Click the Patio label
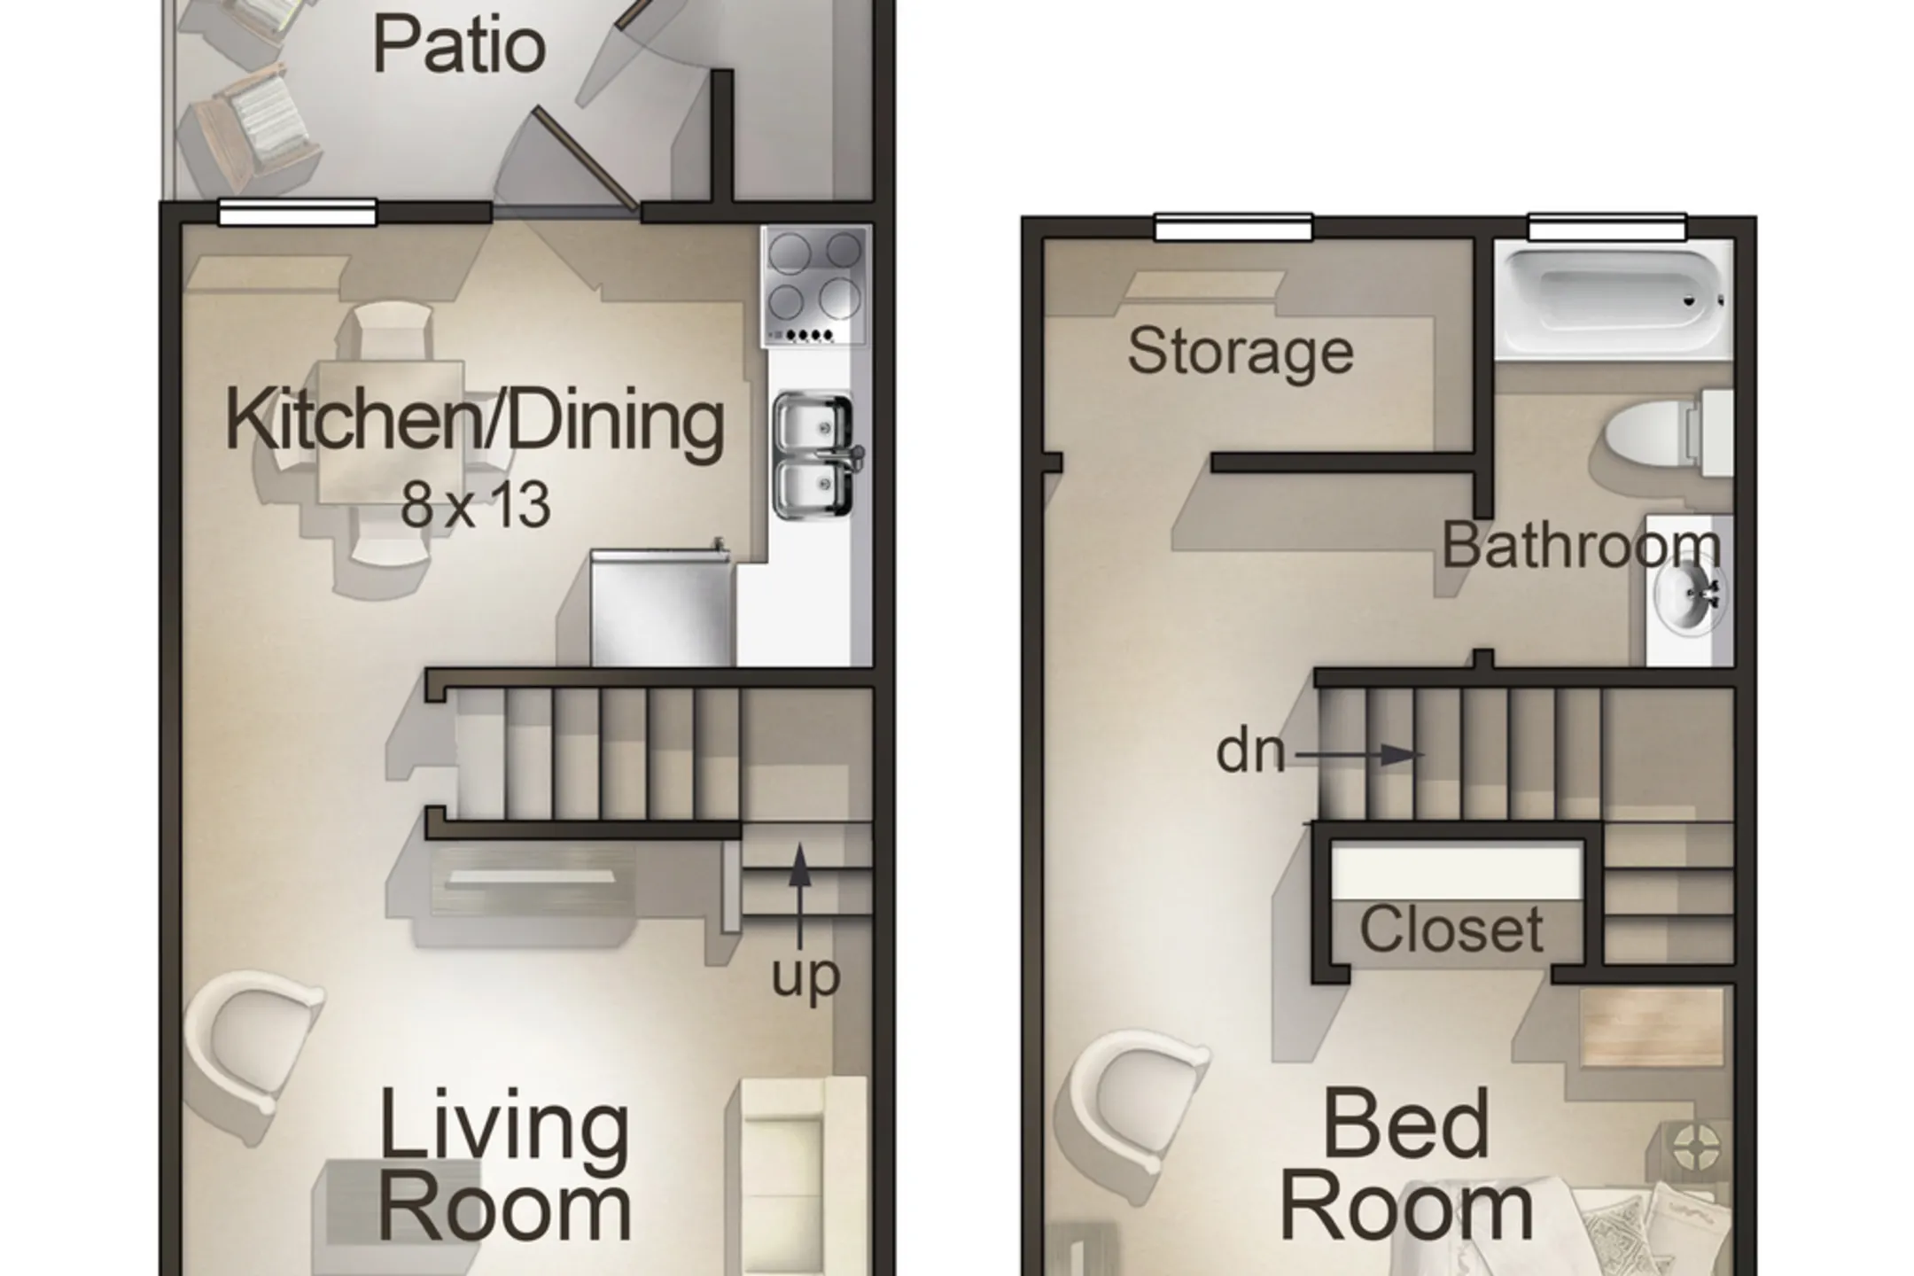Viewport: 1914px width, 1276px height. pyautogui.click(x=458, y=45)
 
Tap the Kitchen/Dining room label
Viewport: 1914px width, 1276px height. pyautogui.click(x=475, y=422)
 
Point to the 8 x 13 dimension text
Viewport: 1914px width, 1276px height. pyautogui.click(x=476, y=505)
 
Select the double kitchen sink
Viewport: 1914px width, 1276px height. pyautogui.click(x=815, y=455)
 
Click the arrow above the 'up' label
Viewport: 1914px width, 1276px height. pyautogui.click(x=799, y=896)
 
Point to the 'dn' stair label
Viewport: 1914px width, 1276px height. pyautogui.click(x=1250, y=751)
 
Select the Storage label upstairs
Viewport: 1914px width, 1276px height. pyautogui.click(x=1241, y=353)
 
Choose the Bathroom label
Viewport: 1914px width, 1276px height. pyautogui.click(x=1582, y=545)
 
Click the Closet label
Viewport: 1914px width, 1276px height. pyautogui.click(x=1451, y=929)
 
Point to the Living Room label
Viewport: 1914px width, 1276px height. pyautogui.click(x=505, y=1167)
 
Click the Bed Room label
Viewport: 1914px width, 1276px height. pyautogui.click(x=1406, y=1167)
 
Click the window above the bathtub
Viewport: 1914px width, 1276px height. pyautogui.click(x=1607, y=227)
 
